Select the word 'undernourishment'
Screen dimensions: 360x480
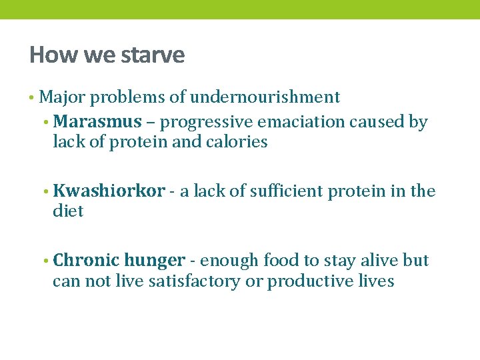pyautogui.click(x=265, y=97)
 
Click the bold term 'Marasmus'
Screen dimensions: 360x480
pyautogui.click(x=97, y=122)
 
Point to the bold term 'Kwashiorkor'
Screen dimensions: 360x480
pyautogui.click(x=109, y=191)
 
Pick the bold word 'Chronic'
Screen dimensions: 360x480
pyautogui.click(x=86, y=260)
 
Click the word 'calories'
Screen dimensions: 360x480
pyautogui.click(x=238, y=142)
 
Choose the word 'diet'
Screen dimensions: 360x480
pyautogui.click(x=68, y=211)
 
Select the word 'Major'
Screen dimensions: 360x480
pyautogui.click(x=62, y=98)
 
